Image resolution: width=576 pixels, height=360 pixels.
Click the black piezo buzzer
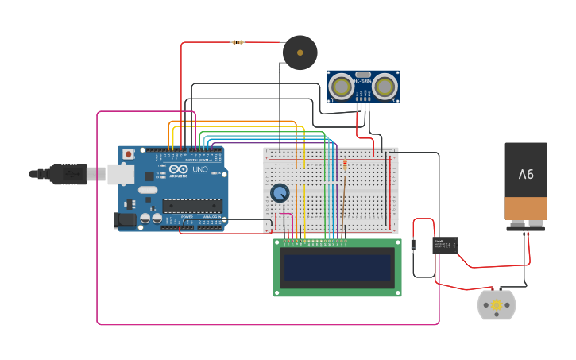click(x=300, y=52)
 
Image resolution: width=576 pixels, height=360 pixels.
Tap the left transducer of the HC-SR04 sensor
click(x=342, y=86)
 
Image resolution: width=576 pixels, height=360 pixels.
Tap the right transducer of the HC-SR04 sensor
click(x=385, y=86)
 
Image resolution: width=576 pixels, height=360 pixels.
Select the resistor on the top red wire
click(x=237, y=42)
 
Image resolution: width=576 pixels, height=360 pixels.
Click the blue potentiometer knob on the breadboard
click(x=280, y=193)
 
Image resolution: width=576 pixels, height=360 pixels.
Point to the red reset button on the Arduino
click(x=128, y=154)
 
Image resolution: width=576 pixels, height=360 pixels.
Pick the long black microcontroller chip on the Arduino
click(x=191, y=206)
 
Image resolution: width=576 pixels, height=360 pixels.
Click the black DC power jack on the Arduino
click(x=124, y=220)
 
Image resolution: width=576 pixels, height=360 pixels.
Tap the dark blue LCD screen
click(x=338, y=268)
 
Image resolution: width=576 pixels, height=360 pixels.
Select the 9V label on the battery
click(x=526, y=173)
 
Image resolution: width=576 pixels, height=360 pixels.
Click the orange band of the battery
click(x=526, y=209)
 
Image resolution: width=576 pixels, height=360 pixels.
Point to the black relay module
click(x=444, y=246)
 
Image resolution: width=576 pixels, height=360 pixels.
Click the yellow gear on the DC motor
click(x=497, y=304)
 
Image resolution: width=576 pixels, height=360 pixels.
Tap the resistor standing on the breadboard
click(x=345, y=165)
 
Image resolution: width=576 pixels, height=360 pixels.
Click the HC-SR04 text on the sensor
click(x=362, y=81)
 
